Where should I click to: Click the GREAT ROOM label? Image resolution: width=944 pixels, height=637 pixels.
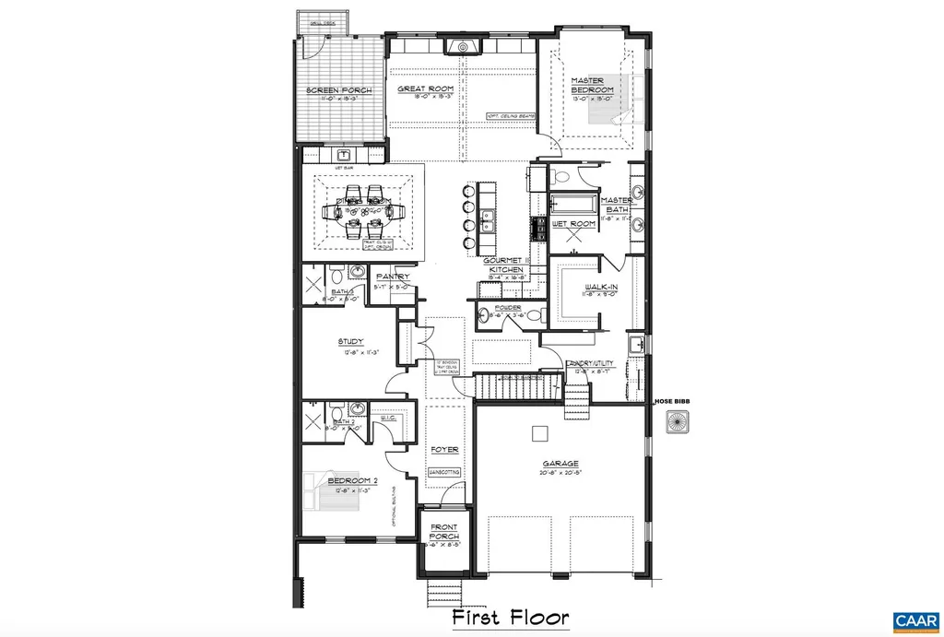418,89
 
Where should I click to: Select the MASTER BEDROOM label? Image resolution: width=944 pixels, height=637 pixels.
586,86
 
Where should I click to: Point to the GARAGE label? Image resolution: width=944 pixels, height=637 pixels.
560,463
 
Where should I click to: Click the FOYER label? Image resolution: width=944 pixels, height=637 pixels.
444,450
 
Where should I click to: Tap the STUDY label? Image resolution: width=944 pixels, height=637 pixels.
350,340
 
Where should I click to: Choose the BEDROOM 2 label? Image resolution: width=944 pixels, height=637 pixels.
353,481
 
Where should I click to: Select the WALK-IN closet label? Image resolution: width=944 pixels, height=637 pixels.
601,288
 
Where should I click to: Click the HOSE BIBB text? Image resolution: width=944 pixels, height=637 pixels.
672,401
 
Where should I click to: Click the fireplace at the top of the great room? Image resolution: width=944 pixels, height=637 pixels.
458,47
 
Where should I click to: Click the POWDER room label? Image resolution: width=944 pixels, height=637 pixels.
508,308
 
